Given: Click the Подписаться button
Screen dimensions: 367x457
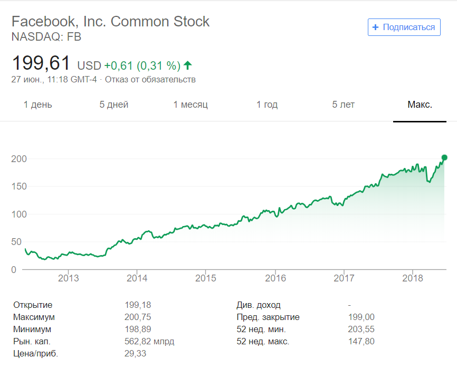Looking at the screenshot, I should click(x=404, y=27).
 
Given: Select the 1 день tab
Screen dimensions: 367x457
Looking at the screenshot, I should click(x=38, y=105).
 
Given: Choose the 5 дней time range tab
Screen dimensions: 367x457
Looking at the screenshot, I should click(x=114, y=105).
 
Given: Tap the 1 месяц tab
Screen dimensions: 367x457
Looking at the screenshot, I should click(x=191, y=105).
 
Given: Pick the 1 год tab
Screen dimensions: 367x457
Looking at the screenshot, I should click(x=267, y=105).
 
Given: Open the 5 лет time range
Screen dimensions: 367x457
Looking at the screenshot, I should click(x=343, y=105).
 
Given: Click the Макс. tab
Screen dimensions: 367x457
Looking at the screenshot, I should click(x=420, y=105).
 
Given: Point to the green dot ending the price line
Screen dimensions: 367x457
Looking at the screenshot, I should click(x=444, y=157).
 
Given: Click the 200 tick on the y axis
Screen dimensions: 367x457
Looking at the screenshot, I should click(x=19, y=159).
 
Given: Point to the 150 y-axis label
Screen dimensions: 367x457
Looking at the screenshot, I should click(x=19, y=186).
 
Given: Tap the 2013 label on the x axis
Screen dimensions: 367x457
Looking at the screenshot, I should click(x=68, y=278).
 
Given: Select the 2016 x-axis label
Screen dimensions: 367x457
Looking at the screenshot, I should click(x=275, y=278).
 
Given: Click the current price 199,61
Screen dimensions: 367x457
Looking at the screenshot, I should click(x=41, y=63).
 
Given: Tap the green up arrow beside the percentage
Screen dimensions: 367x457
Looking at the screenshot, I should click(x=188, y=65).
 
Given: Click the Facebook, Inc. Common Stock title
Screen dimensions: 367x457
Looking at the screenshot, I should click(x=110, y=22).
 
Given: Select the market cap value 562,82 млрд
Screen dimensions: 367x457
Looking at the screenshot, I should click(x=149, y=342).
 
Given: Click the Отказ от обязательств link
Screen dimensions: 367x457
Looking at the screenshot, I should click(x=150, y=80).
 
